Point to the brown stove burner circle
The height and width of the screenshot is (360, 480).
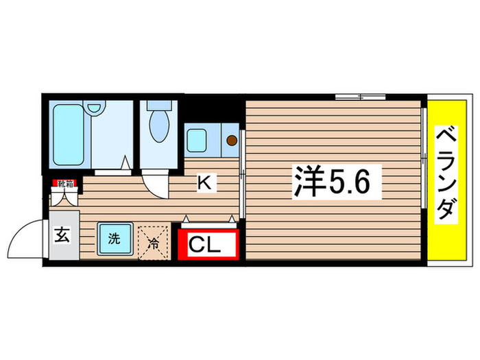coord(232,141)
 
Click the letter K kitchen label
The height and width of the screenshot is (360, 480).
coord(204,182)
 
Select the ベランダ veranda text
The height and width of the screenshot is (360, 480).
coord(446,173)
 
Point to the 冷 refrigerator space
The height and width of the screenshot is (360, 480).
coord(154,241)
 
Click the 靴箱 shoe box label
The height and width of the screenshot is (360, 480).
coord(64,183)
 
